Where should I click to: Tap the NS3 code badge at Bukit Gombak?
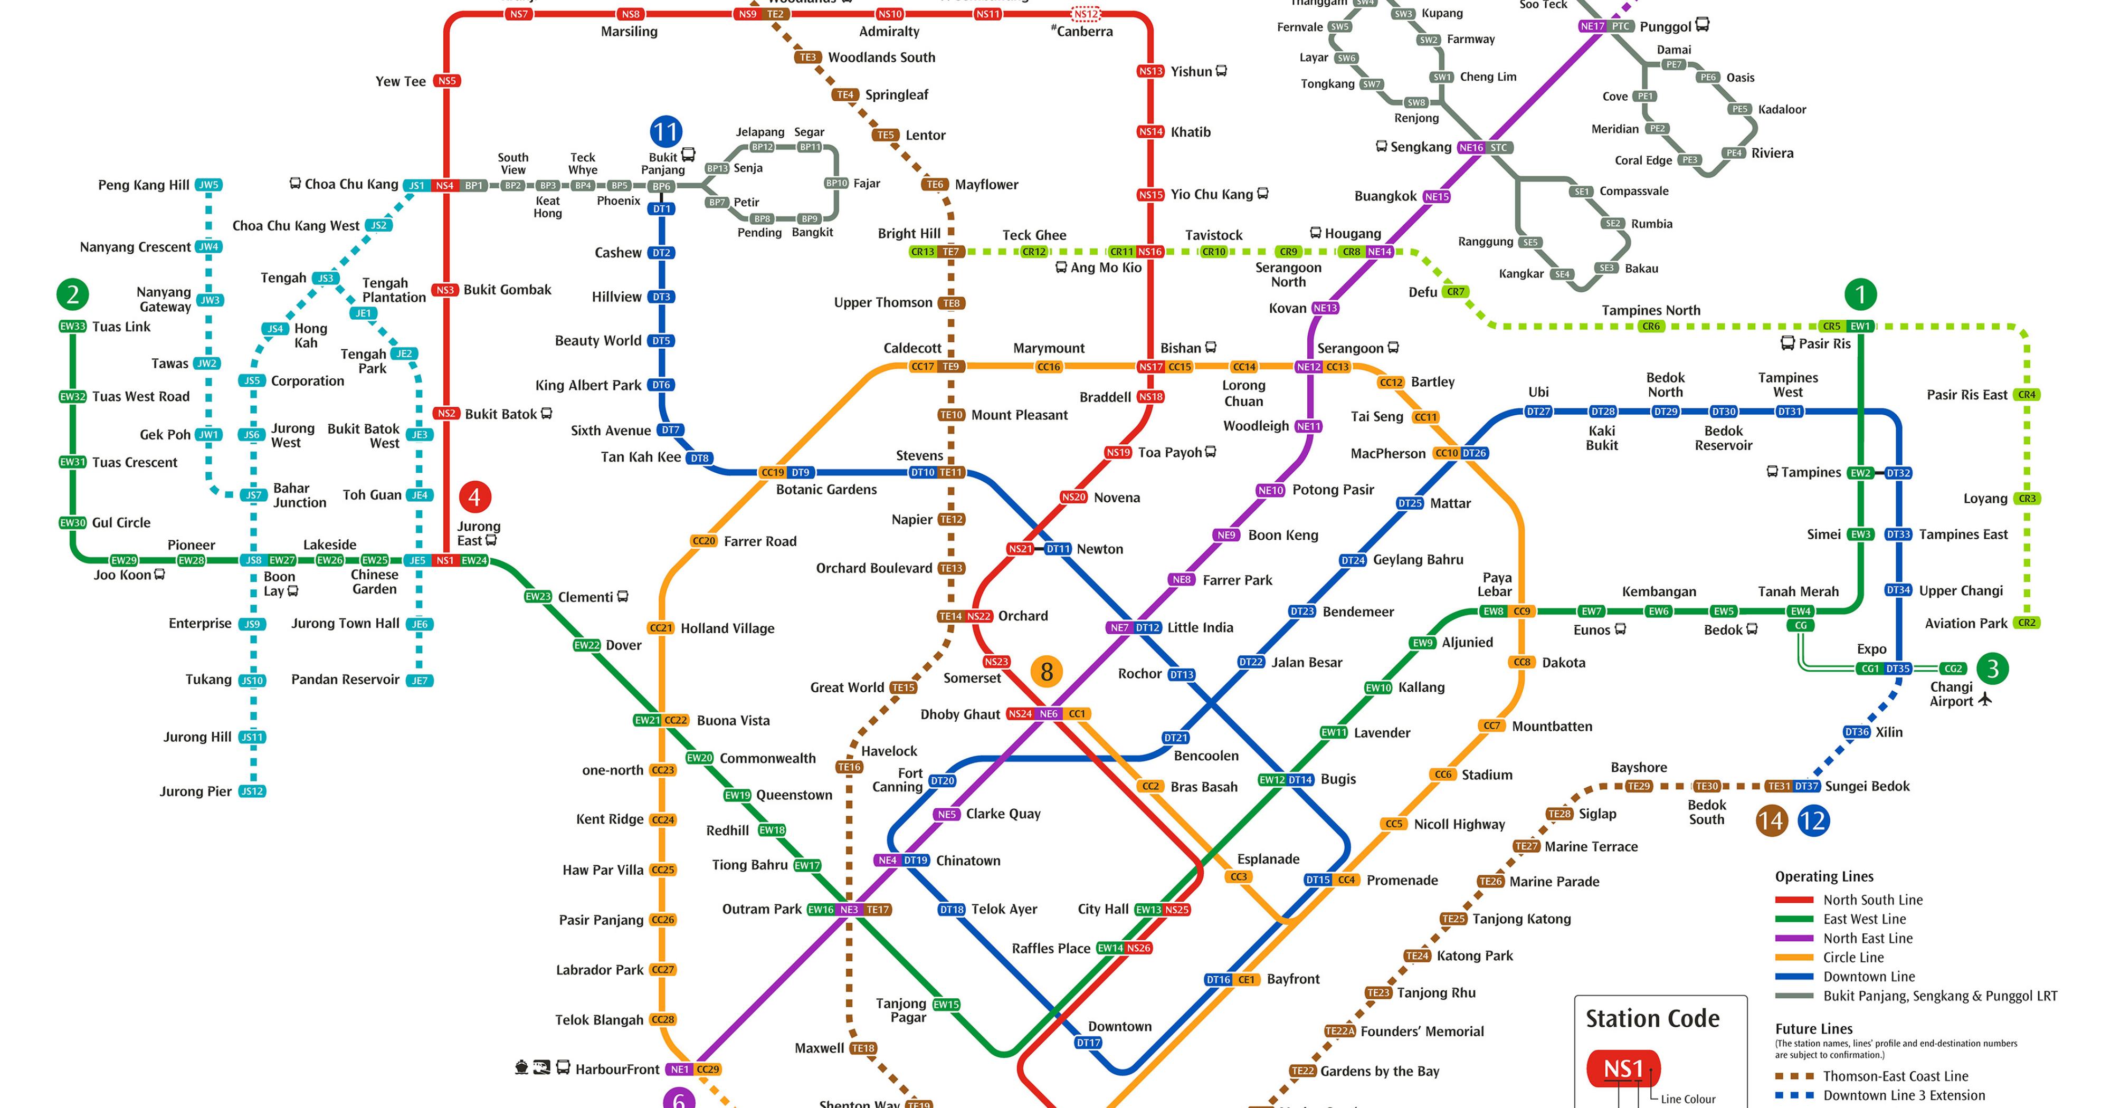[445, 290]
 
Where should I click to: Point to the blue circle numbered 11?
[665, 132]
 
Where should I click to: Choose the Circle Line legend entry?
[1853, 957]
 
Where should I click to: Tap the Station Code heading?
[1652, 1019]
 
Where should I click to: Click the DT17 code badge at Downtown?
[1088, 1043]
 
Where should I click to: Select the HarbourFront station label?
[616, 1069]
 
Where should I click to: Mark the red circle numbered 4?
[474, 496]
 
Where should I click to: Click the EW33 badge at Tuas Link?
[73, 326]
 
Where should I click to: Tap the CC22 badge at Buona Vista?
[676, 720]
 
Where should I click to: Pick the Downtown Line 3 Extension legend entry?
[1904, 1096]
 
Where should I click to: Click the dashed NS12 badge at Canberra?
[1086, 14]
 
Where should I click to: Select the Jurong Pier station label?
[196, 791]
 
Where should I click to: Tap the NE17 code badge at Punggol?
[1592, 26]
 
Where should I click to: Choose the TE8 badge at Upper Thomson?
[950, 303]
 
